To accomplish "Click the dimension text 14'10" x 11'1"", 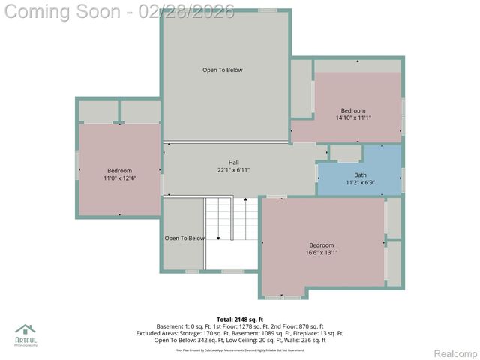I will click(x=353, y=118).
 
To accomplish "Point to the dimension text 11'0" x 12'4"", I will click(x=119, y=178).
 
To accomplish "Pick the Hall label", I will click(x=234, y=163).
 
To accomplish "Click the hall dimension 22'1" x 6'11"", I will click(x=234, y=170).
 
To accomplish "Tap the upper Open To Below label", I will click(x=223, y=70).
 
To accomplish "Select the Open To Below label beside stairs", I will click(x=184, y=238).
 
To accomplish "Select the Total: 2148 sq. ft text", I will click(x=240, y=319).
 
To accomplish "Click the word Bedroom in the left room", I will click(x=119, y=171).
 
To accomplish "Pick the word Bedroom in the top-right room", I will click(x=353, y=111).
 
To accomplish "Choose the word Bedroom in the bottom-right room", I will click(x=322, y=245).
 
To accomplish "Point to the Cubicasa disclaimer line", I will click(x=240, y=350).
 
